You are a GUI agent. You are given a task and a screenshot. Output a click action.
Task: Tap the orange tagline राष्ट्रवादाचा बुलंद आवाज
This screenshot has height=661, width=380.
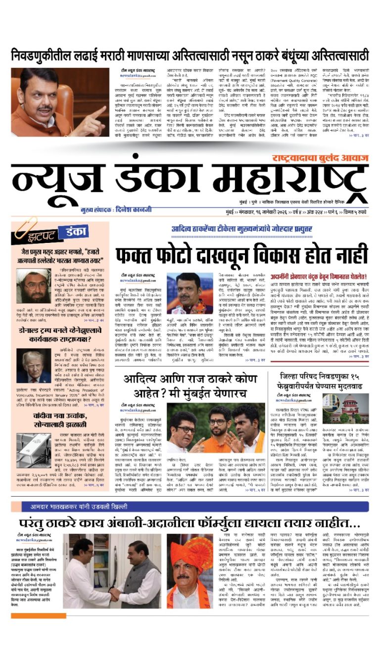316,158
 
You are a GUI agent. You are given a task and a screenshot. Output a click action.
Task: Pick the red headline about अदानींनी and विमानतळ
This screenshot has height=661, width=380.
319,277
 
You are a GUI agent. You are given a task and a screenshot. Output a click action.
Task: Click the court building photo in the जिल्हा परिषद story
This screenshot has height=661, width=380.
352,408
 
